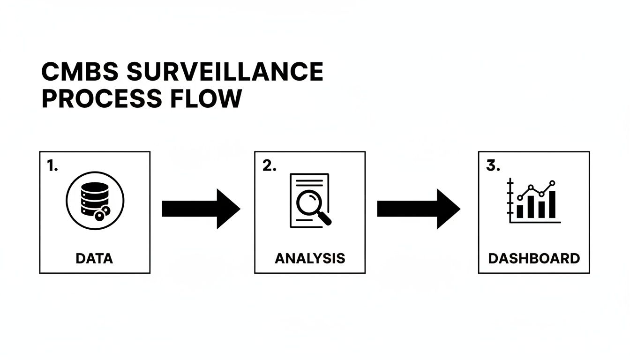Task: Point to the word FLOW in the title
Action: coord(213,98)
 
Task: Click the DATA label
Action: coord(95,258)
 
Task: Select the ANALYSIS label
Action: coord(309,258)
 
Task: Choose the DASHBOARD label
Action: coord(534,258)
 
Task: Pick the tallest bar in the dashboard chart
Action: coord(552,204)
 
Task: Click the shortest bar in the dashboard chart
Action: coord(520,211)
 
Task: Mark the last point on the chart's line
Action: coord(552,183)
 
